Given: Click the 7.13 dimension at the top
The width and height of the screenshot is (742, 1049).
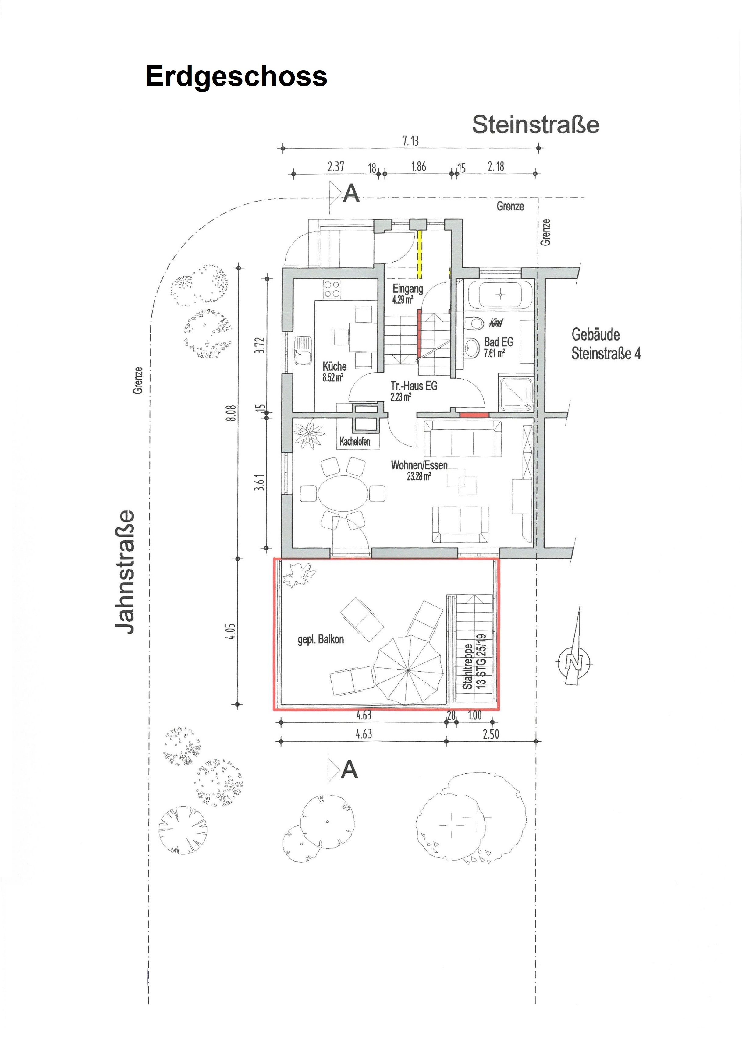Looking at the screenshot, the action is coord(410,141).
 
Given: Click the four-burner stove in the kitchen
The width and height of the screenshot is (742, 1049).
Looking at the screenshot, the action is coord(332,290).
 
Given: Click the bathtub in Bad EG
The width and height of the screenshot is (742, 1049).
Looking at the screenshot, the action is coord(501,295).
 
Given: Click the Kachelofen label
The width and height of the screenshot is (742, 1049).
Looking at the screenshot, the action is coord(355,442).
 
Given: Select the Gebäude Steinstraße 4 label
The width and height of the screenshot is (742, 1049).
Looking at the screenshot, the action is coord(606,344).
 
